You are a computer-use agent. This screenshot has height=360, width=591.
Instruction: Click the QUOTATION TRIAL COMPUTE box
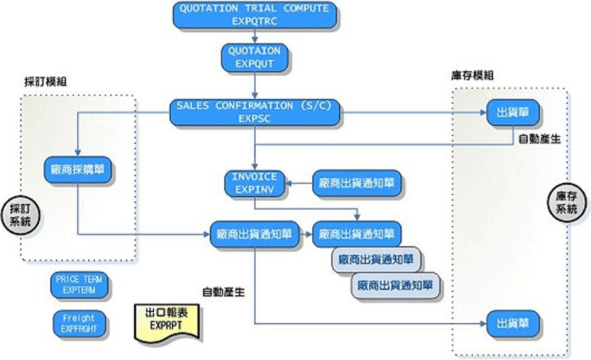coord(255,15)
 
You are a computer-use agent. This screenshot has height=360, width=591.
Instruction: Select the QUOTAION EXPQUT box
coord(255,57)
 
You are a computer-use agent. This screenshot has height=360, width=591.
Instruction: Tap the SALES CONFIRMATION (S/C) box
coord(255,112)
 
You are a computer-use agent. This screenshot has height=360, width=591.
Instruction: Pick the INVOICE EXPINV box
coord(255,183)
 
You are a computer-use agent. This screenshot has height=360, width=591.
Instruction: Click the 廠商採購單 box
coord(78,169)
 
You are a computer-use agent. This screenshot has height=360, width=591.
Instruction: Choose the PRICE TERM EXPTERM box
coord(79,285)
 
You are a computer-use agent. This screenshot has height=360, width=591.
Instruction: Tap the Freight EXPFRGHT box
coord(79,323)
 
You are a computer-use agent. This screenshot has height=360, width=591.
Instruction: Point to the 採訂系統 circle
coord(20,215)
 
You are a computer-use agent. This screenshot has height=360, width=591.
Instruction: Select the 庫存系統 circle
coord(566,202)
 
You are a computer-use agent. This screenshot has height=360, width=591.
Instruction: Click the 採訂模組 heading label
coord(45,82)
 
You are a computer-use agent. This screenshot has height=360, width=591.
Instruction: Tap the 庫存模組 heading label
coord(472,75)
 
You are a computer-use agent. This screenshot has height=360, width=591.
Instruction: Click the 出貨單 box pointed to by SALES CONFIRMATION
coord(512,112)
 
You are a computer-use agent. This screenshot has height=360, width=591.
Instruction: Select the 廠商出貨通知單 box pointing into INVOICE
coord(357,183)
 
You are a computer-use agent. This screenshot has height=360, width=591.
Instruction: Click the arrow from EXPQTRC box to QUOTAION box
coord(255,36)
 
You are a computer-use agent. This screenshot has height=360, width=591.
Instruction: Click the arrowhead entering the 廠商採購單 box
coord(78,152)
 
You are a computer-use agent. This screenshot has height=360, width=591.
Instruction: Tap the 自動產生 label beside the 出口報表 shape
coord(223,292)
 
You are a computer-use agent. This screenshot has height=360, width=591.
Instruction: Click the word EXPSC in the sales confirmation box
coord(255,118)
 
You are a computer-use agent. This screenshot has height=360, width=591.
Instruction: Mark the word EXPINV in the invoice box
coord(255,190)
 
